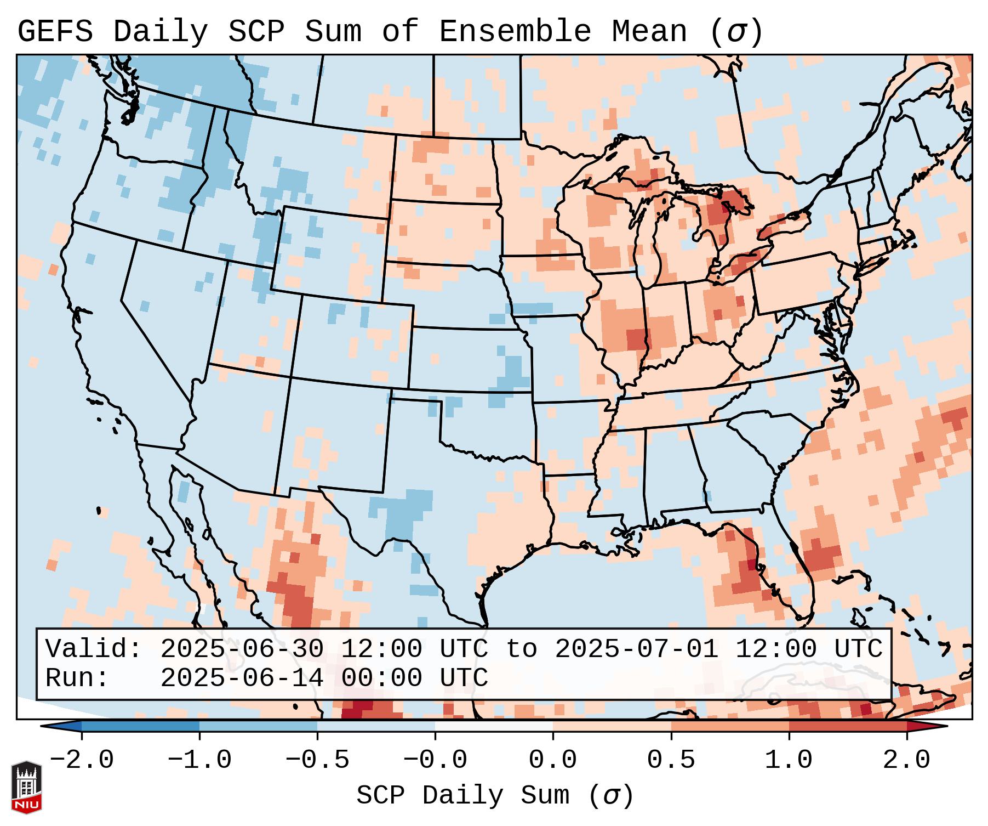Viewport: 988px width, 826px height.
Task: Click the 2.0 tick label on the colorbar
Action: pyautogui.click(x=906, y=760)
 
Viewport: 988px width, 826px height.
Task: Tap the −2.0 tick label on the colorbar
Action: pyautogui.click(x=82, y=760)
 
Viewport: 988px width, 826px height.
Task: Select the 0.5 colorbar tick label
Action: pyautogui.click(x=671, y=760)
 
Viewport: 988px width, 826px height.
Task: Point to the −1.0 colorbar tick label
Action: pyautogui.click(x=199, y=760)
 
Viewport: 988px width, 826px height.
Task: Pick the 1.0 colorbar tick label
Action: pyautogui.click(x=789, y=760)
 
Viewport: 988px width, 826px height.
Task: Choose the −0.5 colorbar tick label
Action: pyautogui.click(x=317, y=760)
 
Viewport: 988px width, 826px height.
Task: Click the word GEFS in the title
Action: pyautogui.click(x=55, y=31)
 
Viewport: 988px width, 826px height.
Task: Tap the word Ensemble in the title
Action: pyautogui.click(x=515, y=31)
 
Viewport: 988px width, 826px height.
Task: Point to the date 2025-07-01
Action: pyautogui.click(x=636, y=649)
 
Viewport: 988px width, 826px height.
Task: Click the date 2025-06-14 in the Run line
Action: pyautogui.click(x=242, y=678)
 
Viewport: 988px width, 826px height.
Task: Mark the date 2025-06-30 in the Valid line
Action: pyautogui.click(x=242, y=649)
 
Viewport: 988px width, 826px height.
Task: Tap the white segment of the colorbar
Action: pyautogui.click(x=494, y=726)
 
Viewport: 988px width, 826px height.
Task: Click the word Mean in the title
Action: pyautogui.click(x=649, y=31)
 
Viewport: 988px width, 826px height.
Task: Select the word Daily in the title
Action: pyautogui.click(x=161, y=31)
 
